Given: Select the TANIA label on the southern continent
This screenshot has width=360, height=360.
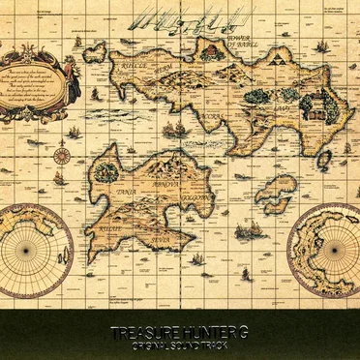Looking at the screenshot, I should (103, 191).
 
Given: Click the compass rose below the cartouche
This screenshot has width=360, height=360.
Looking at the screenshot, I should (62, 155).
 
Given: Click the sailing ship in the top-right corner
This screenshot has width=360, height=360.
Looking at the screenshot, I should (322, 45).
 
